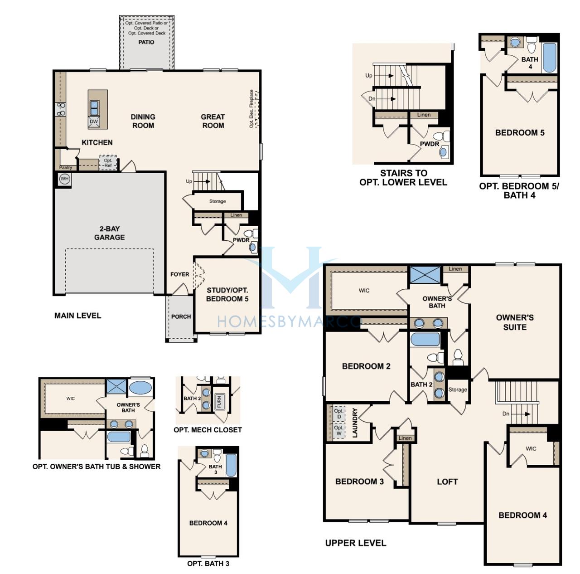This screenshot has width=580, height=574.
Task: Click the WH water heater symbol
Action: click(x=64, y=179)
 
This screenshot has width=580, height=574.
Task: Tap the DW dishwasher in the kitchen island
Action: click(x=94, y=122)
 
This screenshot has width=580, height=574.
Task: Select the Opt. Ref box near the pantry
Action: click(x=108, y=163)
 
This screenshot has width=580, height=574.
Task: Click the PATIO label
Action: click(x=146, y=42)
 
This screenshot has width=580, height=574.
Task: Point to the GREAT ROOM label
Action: click(x=213, y=121)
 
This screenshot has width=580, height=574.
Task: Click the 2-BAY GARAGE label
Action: click(x=110, y=233)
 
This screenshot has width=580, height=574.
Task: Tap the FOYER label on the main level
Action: click(x=180, y=274)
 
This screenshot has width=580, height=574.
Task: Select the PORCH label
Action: click(x=181, y=316)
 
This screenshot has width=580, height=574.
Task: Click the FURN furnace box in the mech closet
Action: click(x=219, y=402)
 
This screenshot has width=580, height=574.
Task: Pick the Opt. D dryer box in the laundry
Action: click(x=339, y=414)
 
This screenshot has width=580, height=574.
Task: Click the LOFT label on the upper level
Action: click(x=447, y=482)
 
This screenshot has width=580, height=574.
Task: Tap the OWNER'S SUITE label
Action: click(x=515, y=322)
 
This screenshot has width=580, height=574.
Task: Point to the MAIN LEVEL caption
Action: click(x=77, y=316)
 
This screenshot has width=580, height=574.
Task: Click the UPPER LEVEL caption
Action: click(x=356, y=543)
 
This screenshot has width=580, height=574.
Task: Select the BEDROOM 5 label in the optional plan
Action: click(x=520, y=132)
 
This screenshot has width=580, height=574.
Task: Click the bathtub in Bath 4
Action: click(x=549, y=58)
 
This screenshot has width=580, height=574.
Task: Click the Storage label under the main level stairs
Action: click(x=217, y=201)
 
